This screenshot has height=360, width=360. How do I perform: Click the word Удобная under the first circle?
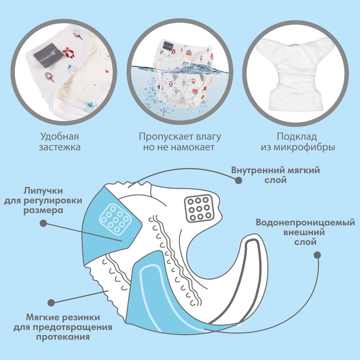click(60, 136)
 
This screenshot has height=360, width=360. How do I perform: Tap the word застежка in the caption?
click(60, 147)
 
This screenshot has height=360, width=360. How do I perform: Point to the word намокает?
click(193, 147)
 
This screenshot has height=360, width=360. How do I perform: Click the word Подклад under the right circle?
click(297, 137)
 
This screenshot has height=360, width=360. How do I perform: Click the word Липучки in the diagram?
click(43, 191)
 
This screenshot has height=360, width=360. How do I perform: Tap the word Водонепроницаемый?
click(305, 223)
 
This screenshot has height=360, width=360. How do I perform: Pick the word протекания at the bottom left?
click(63, 337)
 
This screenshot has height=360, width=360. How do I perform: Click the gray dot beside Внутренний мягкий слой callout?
click(239, 180)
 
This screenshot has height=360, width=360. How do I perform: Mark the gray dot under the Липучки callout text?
click(43, 223)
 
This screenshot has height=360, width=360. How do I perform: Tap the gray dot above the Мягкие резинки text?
click(51, 302)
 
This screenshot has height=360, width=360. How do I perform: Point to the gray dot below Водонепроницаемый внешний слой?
click(317, 255)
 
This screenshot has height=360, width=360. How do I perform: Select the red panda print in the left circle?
click(69, 53)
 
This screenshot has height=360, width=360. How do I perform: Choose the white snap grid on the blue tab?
click(115, 218)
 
